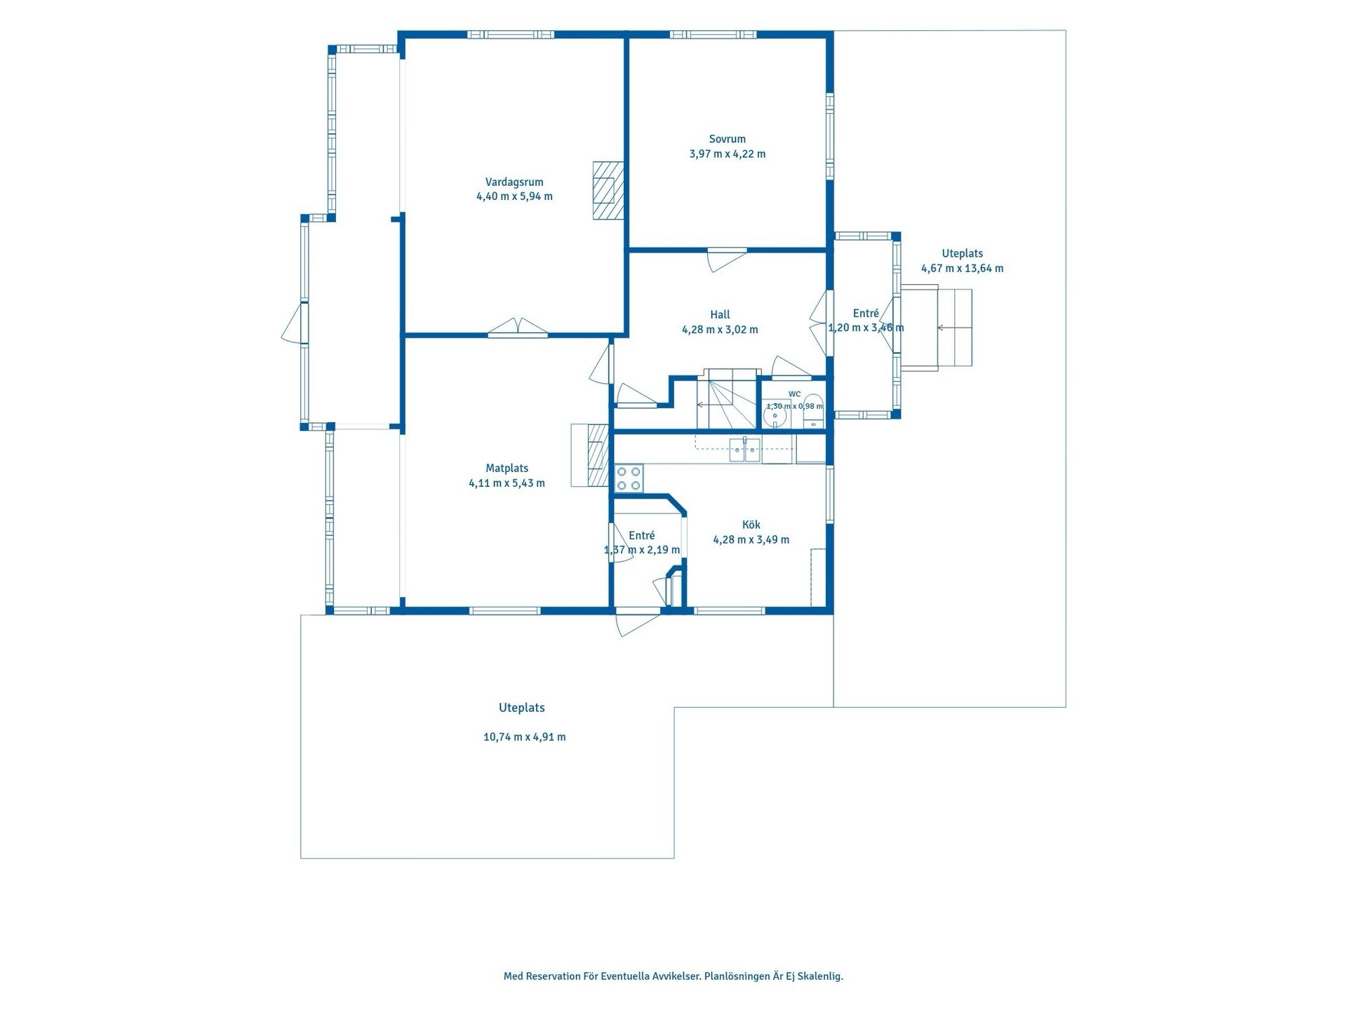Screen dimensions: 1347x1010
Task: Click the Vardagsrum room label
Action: pyautogui.click(x=514, y=182)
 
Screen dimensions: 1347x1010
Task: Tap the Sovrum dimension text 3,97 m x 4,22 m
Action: pyautogui.click(x=728, y=154)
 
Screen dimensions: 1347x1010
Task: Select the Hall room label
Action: pyautogui.click(x=720, y=315)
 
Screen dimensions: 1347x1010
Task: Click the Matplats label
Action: pyautogui.click(x=507, y=469)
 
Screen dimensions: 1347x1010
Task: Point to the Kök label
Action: pyautogui.click(x=751, y=525)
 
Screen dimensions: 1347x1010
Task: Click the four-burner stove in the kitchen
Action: pyautogui.click(x=629, y=478)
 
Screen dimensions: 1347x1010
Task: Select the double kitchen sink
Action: pyautogui.click(x=744, y=450)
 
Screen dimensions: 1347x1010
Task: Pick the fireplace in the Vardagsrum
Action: pyautogui.click(x=608, y=191)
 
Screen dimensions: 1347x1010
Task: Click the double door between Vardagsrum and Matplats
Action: pyautogui.click(x=518, y=328)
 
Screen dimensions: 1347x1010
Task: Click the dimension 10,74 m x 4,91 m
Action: pyautogui.click(x=524, y=737)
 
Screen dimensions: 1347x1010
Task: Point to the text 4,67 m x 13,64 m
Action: pyautogui.click(x=962, y=268)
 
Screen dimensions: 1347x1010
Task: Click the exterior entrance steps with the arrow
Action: pyautogui.click(x=936, y=328)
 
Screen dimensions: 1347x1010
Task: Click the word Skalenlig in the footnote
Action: pyautogui.click(x=821, y=976)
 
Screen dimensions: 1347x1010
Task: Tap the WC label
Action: pyautogui.click(x=794, y=394)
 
